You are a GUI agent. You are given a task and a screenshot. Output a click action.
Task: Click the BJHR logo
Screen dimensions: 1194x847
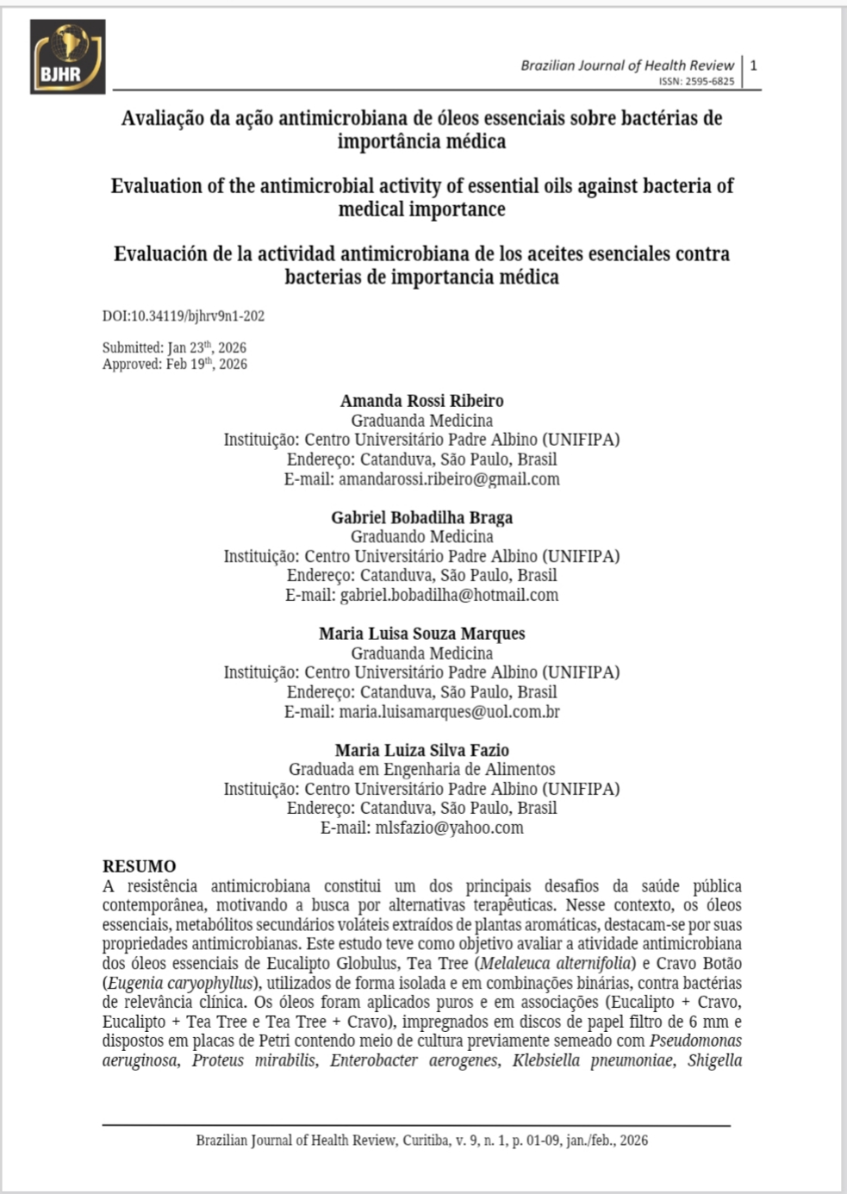tap(67, 57)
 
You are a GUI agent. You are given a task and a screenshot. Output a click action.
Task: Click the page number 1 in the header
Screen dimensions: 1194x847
tap(754, 66)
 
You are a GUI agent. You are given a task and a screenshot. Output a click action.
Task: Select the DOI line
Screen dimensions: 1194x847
tap(184, 316)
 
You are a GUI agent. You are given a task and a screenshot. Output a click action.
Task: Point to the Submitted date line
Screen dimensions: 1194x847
tap(174, 347)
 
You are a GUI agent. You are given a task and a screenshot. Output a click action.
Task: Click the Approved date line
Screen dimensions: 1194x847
tap(175, 364)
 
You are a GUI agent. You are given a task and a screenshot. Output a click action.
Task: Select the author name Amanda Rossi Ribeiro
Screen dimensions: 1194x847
tap(421, 401)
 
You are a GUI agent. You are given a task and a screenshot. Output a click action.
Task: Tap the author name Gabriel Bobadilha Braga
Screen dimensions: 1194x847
tap(421, 517)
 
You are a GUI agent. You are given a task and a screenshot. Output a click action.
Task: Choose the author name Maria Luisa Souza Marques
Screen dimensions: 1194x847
tap(421, 634)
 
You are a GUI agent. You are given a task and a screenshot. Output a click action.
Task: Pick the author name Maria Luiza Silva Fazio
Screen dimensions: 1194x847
tap(421, 750)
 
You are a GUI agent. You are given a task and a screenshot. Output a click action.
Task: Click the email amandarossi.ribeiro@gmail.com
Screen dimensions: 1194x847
tap(449, 479)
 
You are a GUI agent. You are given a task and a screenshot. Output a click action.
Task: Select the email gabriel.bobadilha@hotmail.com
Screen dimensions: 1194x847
tap(449, 595)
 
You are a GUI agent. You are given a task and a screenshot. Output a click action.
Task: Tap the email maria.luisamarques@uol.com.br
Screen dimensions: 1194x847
tap(449, 712)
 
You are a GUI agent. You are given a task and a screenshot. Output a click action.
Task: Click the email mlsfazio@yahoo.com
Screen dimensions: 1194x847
tap(449, 828)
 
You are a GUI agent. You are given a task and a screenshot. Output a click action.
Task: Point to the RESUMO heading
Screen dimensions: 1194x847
tap(139, 866)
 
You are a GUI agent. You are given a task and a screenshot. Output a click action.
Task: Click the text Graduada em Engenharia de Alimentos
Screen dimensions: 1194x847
tap(421, 769)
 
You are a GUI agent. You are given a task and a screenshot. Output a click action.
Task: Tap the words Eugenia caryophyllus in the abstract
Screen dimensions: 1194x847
tap(181, 983)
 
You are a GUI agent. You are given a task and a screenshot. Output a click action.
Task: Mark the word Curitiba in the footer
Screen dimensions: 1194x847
tap(424, 1141)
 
